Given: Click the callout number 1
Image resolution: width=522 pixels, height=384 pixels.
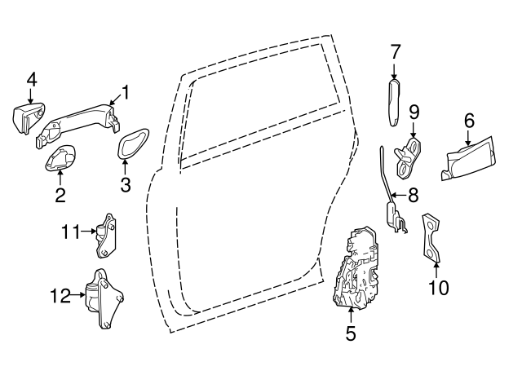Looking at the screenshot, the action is coord(125,92).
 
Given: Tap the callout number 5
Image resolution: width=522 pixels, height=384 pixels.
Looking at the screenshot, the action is coord(351,333).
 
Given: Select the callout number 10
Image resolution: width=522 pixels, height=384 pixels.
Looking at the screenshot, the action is coord(439,287).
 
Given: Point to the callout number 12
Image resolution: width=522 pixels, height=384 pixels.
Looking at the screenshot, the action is coord(60,295).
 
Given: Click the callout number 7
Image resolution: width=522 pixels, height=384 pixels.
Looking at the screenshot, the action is coord(395,52).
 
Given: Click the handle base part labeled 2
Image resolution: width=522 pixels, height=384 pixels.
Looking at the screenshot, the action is coord(60,157).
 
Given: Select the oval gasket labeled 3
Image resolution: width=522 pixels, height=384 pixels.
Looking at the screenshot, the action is coord(133,143).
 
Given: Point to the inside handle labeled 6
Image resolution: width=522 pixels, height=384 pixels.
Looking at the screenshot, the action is coord(470,159).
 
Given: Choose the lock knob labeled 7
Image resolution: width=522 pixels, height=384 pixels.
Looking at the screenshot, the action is coord(394,103).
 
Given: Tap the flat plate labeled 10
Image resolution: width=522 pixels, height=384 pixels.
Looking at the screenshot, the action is coord(431,238).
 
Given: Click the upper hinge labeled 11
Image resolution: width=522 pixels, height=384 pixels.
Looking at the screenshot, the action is coord(106,236).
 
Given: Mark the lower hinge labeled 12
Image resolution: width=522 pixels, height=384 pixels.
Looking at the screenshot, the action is coord(104,298).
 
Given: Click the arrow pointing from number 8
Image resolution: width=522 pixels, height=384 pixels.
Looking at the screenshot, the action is coord(398,195).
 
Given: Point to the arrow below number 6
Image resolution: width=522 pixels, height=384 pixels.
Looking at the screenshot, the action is coord(469,138).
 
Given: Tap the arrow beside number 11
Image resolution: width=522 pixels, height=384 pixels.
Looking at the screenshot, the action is coord(89,232).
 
